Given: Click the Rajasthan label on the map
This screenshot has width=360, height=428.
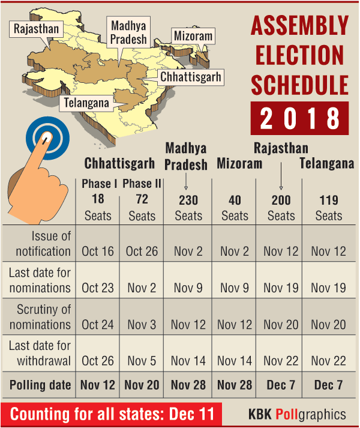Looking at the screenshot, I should tap(37, 29).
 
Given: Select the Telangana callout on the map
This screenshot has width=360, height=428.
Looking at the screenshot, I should tap(87, 103).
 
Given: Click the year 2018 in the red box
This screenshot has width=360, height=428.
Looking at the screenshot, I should tap(299, 118).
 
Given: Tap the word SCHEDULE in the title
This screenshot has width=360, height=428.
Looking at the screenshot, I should tap(299, 85).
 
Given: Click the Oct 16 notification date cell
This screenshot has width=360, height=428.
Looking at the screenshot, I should tap(98, 251).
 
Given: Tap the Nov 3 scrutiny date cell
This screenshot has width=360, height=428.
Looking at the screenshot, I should tap(142, 325).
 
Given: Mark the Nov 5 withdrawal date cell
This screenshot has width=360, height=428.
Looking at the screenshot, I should tap(142, 361).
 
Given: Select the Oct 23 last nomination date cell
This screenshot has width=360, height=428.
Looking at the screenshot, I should tap(98, 288).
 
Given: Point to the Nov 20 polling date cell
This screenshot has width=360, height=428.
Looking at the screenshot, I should tap(142, 385).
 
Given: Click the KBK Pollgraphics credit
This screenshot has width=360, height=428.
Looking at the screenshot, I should tap(297, 414).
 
